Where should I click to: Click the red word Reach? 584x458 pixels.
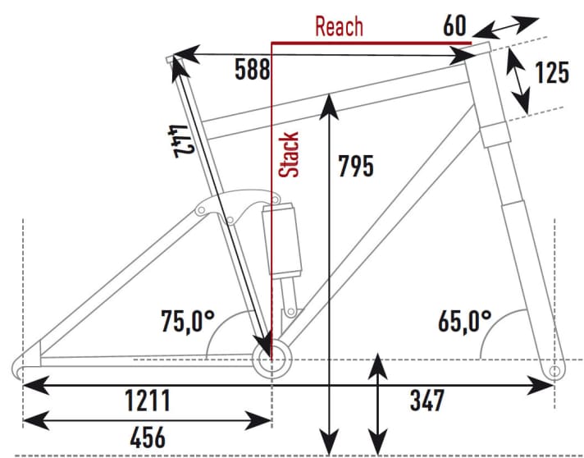click(x=339, y=26)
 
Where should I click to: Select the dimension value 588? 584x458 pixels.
click(x=251, y=69)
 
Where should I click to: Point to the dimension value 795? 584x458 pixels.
click(x=355, y=167)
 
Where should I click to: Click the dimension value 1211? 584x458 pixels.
click(x=148, y=401)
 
